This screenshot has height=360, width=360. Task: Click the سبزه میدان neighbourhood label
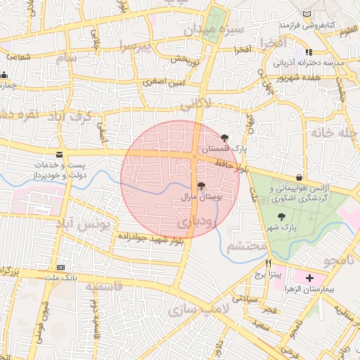214,30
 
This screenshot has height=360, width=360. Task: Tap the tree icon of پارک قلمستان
224,138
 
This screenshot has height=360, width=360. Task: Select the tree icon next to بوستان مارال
202,186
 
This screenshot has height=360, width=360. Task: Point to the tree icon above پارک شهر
282,217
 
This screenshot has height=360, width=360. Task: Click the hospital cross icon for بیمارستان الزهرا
310,278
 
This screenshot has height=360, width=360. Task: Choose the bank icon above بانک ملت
61,268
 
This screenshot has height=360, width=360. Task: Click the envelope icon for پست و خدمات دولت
58,154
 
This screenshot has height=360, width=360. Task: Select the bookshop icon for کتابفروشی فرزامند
305,14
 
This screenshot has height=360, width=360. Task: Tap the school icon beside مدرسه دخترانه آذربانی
309,52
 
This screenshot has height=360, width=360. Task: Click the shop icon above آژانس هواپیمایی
300,177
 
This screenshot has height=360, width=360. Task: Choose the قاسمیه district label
104,287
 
